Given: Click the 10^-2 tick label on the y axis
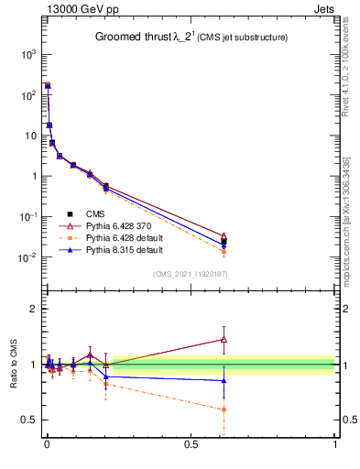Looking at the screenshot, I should click(x=27, y=257).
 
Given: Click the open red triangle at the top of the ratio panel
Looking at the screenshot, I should click(x=224, y=339).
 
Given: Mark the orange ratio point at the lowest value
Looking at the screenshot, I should click(x=224, y=409).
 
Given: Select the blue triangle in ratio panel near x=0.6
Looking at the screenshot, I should click(x=224, y=380).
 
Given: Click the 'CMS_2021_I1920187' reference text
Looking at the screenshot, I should click(x=190, y=274).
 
